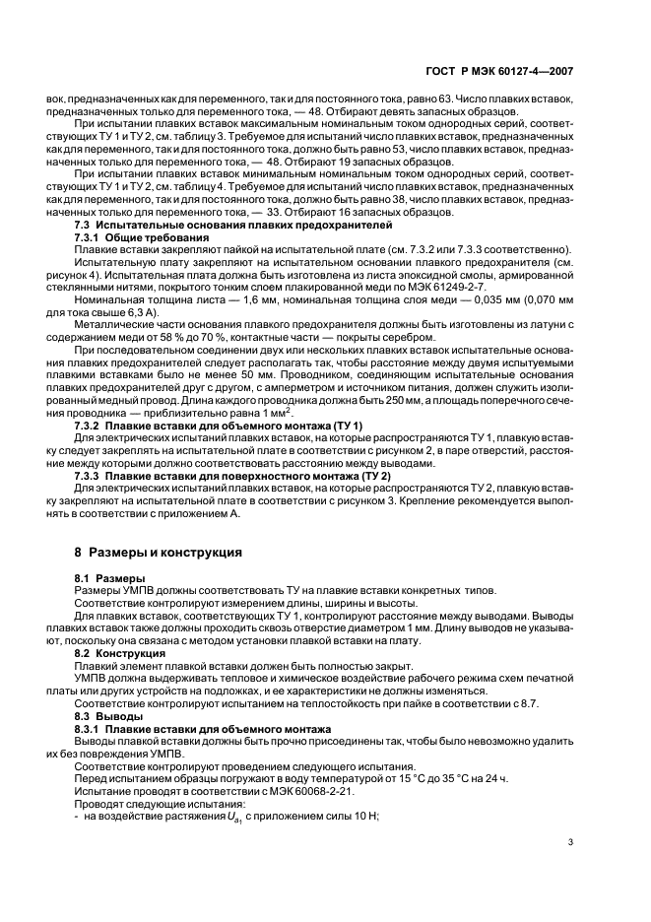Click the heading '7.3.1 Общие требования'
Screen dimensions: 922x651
142,237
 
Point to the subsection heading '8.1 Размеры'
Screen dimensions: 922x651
110,576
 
